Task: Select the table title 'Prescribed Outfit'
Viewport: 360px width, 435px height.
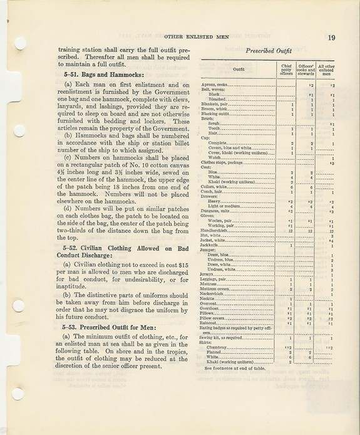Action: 267,50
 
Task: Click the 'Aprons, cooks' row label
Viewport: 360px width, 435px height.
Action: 215,84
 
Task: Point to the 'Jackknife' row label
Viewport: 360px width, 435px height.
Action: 211,246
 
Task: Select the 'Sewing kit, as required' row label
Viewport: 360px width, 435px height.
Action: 223,338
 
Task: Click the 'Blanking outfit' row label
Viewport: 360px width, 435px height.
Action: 217,114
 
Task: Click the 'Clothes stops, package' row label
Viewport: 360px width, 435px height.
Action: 223,162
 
